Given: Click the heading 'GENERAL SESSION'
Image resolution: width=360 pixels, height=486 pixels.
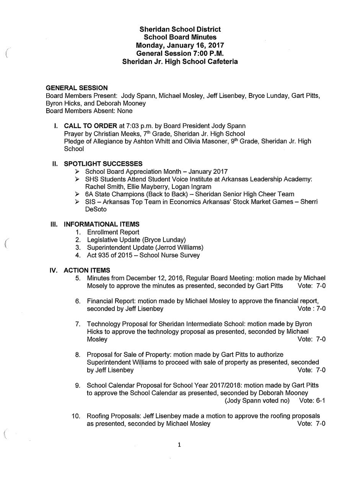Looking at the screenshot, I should click(77, 88).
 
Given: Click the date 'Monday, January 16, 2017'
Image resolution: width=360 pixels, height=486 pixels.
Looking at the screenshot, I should click(180, 45).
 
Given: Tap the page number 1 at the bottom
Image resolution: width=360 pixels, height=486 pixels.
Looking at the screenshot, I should click(179, 445).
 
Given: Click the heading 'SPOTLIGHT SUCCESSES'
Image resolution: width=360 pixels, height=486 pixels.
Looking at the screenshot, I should click(103, 164).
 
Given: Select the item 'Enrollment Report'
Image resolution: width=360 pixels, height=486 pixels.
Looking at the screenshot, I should click(113, 232).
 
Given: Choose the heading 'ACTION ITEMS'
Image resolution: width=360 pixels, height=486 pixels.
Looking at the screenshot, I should click(87, 271).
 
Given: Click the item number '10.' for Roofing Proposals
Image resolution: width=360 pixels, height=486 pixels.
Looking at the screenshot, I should click(76, 416).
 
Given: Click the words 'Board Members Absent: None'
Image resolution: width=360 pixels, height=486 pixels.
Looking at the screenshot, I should click(89, 111).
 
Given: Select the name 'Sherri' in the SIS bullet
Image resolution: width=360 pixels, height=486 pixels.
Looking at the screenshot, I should click(308, 202).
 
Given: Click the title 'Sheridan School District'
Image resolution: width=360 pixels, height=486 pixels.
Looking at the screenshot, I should click(180, 29).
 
